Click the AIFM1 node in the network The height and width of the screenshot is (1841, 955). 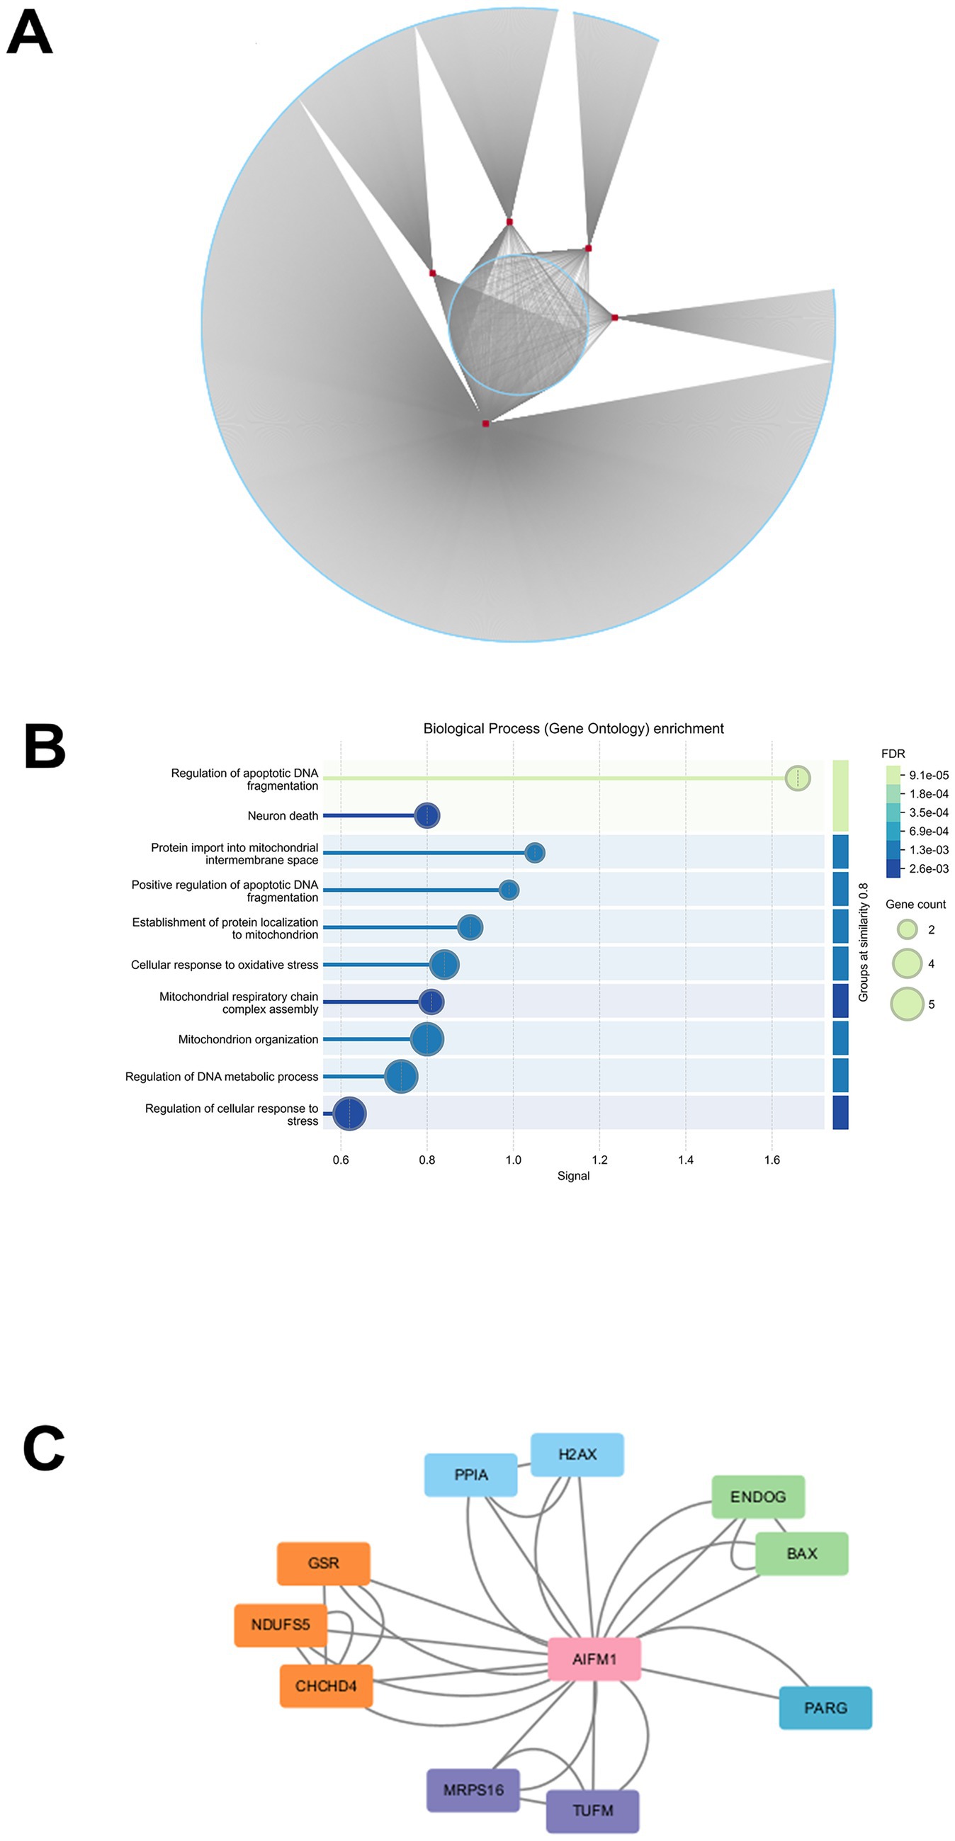(x=594, y=1659)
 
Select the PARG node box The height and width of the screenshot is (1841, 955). (x=825, y=1707)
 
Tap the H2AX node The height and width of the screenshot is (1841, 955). (x=577, y=1454)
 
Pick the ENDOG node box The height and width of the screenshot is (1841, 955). (x=758, y=1496)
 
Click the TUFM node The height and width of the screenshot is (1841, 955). (x=592, y=1811)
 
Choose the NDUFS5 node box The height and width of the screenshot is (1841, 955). (x=281, y=1624)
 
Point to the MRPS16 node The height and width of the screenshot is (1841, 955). (x=473, y=1789)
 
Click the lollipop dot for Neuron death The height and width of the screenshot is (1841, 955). (x=426, y=815)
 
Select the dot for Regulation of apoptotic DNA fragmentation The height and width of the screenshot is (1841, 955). (x=798, y=778)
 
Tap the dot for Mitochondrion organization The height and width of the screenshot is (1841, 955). (x=427, y=1039)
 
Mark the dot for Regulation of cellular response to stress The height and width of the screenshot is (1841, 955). (x=349, y=1114)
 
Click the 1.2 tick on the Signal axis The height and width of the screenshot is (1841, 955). (x=599, y=1160)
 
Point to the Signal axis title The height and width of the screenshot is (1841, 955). (x=573, y=1177)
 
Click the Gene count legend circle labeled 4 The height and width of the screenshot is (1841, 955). (x=907, y=963)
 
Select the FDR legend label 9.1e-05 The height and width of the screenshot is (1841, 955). (x=929, y=776)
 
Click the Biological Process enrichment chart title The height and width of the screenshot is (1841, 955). (x=573, y=728)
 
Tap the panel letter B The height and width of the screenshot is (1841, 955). (x=45, y=746)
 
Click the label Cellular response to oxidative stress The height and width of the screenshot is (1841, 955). (x=225, y=965)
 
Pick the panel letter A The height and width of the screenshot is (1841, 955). (x=29, y=33)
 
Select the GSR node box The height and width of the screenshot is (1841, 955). (x=323, y=1563)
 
